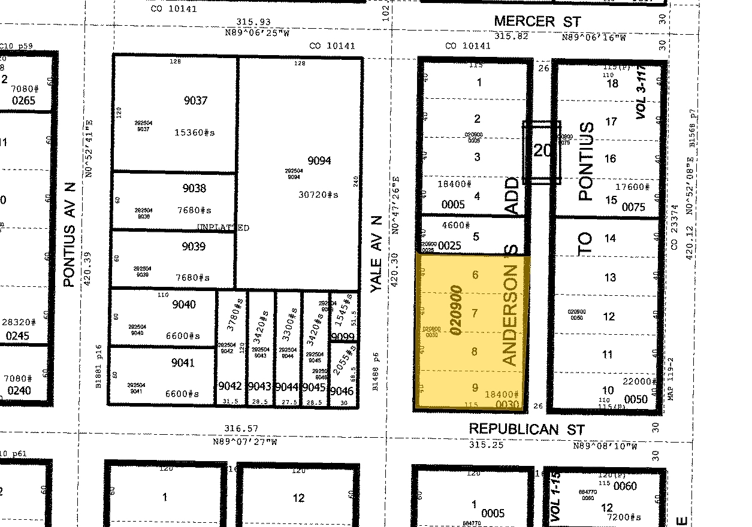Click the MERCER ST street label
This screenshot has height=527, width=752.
pos(537,22)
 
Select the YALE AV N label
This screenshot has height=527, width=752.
pos(376,255)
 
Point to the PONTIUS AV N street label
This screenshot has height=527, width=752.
pos(70,242)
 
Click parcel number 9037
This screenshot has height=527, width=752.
pos(195,101)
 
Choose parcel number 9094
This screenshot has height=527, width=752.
pos(319,160)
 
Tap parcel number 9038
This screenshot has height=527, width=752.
pos(194,188)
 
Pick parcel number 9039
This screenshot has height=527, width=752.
pos(194,246)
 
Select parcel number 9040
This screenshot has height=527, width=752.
pos(183,304)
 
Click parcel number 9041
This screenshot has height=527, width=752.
pos(183,362)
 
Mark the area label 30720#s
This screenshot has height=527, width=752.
pos(318,195)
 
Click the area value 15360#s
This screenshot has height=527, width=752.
pos(195,133)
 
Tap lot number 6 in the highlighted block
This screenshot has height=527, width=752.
pos(476,275)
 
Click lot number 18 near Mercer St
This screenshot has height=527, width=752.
pos(612,83)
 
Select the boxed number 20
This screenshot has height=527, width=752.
pos(542,150)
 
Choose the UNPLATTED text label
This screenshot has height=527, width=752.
pos(223,228)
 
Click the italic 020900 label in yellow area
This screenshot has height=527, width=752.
pos(457,310)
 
